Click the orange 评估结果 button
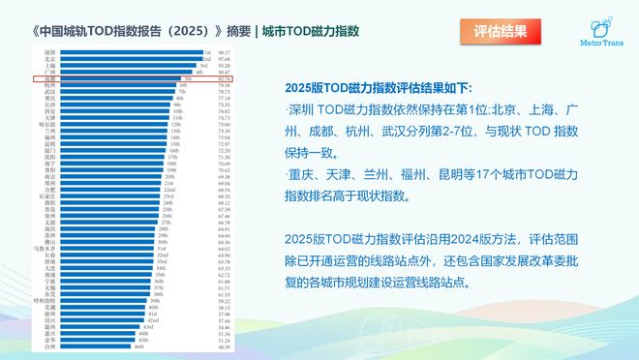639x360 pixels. click(502, 31)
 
